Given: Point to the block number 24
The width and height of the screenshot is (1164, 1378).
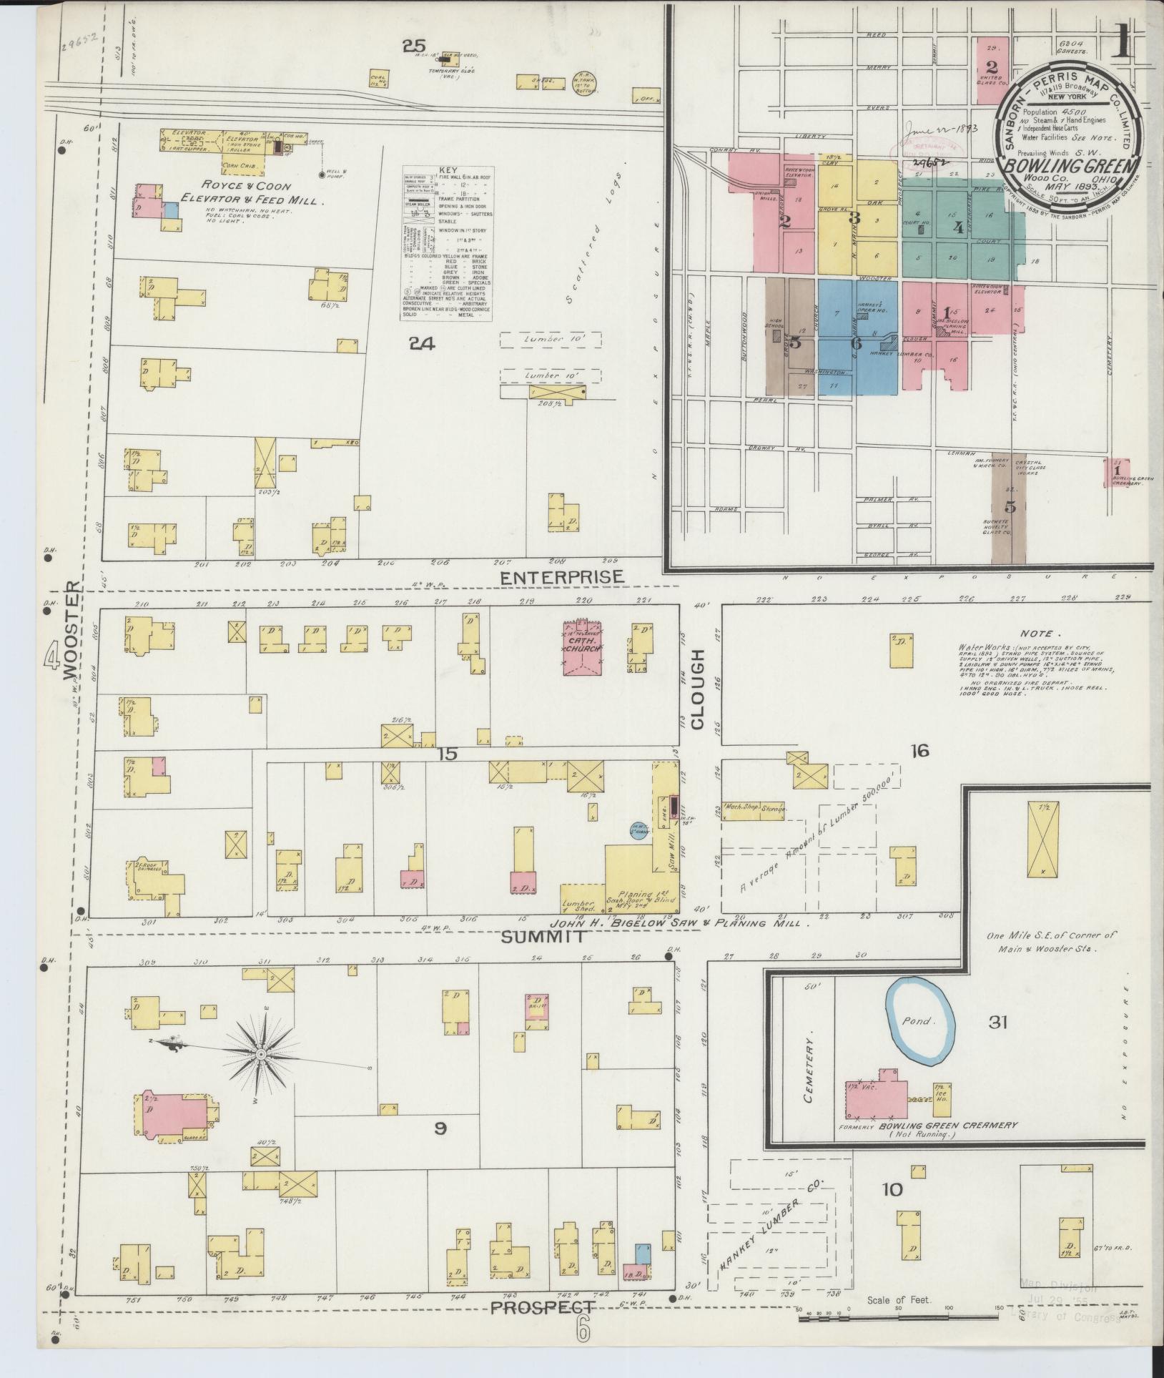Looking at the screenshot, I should click(x=421, y=344).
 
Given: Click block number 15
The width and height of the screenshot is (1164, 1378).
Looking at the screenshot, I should click(x=448, y=753).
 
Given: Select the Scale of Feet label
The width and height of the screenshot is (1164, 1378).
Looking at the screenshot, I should click(x=898, y=1300).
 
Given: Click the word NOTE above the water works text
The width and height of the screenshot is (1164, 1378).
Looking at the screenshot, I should click(x=1035, y=633).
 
